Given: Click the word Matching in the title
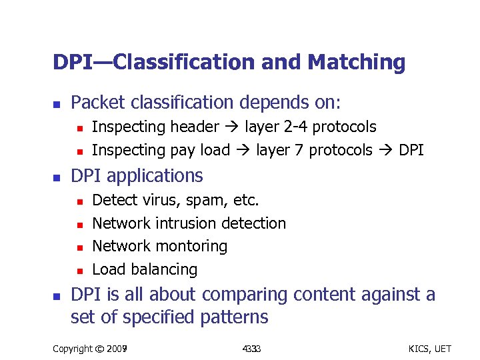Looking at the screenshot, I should [x=356, y=63].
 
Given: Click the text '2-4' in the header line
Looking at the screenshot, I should [x=296, y=127].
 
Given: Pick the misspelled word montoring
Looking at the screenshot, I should [x=194, y=247].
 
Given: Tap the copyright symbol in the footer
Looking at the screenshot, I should [x=101, y=348].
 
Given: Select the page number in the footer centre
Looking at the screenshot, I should [x=251, y=348].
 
